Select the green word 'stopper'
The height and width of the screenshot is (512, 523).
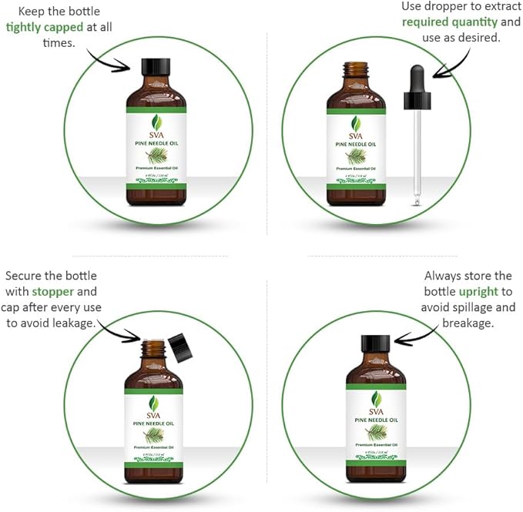53,292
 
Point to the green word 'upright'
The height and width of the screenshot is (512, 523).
478,292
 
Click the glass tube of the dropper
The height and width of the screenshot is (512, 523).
417,154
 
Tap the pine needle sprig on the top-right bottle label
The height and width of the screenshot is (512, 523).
356,155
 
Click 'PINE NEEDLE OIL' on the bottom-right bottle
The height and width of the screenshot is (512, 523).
376,420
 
